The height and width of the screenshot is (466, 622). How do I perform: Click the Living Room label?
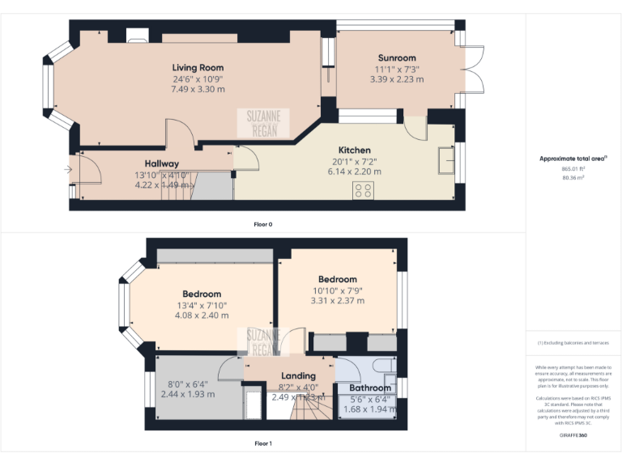[x=198, y=67]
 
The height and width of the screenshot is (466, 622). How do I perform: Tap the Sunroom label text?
[x=397, y=58]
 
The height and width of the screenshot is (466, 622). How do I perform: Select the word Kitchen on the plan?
[x=354, y=150]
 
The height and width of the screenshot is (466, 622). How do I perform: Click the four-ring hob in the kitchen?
[x=364, y=190]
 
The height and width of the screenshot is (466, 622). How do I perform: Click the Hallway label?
[x=162, y=163]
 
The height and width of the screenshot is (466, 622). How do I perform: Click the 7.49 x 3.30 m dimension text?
[x=198, y=89]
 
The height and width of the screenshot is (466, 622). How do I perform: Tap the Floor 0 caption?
[x=262, y=224]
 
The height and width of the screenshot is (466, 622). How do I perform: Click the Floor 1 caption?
[x=262, y=443]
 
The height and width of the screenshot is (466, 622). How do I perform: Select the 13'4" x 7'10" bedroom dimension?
[x=202, y=306]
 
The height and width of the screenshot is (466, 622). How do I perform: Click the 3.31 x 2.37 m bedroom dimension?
[x=339, y=301]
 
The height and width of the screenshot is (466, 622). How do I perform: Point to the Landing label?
[x=298, y=376]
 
